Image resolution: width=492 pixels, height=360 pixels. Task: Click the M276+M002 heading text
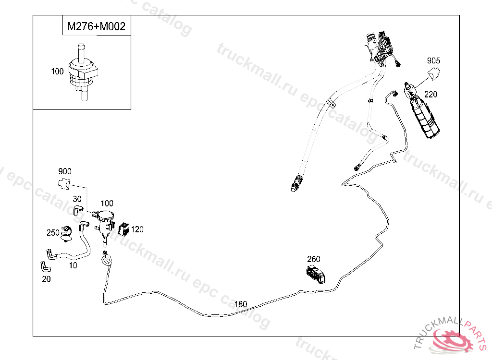[96, 26]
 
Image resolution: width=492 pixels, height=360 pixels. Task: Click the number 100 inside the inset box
[57, 72]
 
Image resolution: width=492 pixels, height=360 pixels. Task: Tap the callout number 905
[433, 61]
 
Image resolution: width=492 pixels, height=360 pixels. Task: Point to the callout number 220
[430, 95]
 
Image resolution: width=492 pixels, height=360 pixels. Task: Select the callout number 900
[64, 171]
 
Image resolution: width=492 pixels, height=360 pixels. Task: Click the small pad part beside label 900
[64, 183]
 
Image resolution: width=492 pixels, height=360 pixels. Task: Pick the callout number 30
[77, 199]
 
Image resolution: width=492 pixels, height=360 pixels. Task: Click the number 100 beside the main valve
[107, 204]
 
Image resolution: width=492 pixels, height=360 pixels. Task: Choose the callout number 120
[137, 229]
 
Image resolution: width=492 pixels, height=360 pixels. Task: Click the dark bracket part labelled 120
[124, 229]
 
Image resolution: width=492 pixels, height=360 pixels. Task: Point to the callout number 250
[53, 233]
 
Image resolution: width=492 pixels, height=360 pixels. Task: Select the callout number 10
[73, 265]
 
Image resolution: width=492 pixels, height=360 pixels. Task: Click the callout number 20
[46, 279]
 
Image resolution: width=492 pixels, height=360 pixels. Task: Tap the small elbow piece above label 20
[45, 266]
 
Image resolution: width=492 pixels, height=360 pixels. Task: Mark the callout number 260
[313, 259]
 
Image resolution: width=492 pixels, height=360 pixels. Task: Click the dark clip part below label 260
[315, 275]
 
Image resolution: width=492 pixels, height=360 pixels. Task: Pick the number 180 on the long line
[241, 304]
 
